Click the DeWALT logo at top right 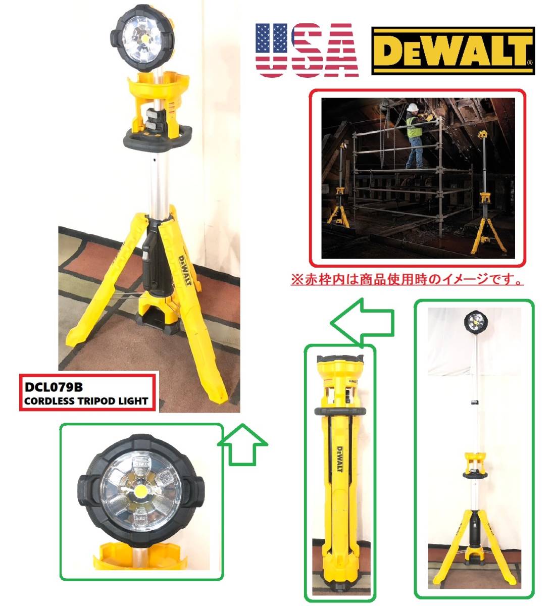pyautogui.click(x=453, y=50)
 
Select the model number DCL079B pyautogui.click(x=53, y=388)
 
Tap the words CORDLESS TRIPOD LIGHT pyautogui.click(x=86, y=401)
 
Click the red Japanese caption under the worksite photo pyautogui.click(x=407, y=279)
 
